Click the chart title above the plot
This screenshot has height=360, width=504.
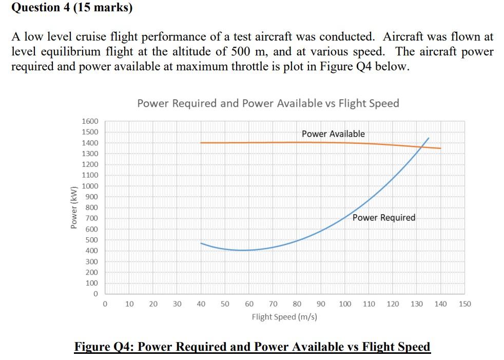pos(268,103)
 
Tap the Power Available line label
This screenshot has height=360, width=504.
pos(333,134)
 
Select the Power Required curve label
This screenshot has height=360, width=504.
pos(384,218)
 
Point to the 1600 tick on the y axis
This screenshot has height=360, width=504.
pos(90,121)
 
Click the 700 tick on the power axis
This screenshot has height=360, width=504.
pos(92,219)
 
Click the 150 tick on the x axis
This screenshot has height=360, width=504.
pos(464,304)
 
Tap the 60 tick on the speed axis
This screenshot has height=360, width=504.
pos(249,304)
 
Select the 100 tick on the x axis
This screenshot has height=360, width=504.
pos(345,304)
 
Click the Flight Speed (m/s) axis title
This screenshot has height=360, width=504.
pos(284,317)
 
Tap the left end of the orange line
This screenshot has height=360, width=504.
pos(201,143)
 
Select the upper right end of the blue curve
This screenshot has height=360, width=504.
pos(429,138)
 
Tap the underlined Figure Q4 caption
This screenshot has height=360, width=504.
pos(253,347)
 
